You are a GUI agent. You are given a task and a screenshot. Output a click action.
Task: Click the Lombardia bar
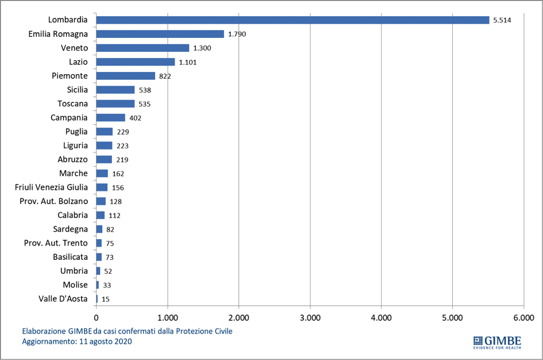click(x=292, y=20)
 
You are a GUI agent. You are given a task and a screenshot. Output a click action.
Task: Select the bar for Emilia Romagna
click(x=160, y=34)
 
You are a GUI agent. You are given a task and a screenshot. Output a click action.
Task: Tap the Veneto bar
click(x=143, y=48)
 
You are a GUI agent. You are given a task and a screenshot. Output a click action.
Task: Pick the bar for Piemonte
click(x=125, y=76)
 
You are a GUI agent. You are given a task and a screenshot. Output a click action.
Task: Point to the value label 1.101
click(x=188, y=62)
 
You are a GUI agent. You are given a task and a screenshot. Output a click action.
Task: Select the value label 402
click(x=136, y=118)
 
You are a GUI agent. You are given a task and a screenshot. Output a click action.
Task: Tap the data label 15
click(x=106, y=299)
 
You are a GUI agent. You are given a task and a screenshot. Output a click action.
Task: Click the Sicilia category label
click(x=77, y=90)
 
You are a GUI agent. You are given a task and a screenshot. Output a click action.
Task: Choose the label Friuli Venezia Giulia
click(x=51, y=187)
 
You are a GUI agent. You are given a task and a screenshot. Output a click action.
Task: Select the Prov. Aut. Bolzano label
click(x=56, y=201)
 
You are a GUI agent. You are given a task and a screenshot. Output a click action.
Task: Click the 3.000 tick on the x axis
click(x=310, y=316)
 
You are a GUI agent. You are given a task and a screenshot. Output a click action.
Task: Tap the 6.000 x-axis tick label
click(x=523, y=316)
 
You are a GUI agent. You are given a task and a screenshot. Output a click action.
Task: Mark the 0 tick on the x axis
click(x=96, y=316)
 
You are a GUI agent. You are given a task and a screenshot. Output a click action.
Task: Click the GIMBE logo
click(x=496, y=340)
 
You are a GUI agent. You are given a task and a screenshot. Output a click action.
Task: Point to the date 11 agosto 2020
click(x=103, y=341)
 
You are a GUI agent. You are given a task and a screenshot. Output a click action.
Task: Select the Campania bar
click(x=110, y=118)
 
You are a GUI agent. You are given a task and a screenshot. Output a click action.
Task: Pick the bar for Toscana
click(x=115, y=104)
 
